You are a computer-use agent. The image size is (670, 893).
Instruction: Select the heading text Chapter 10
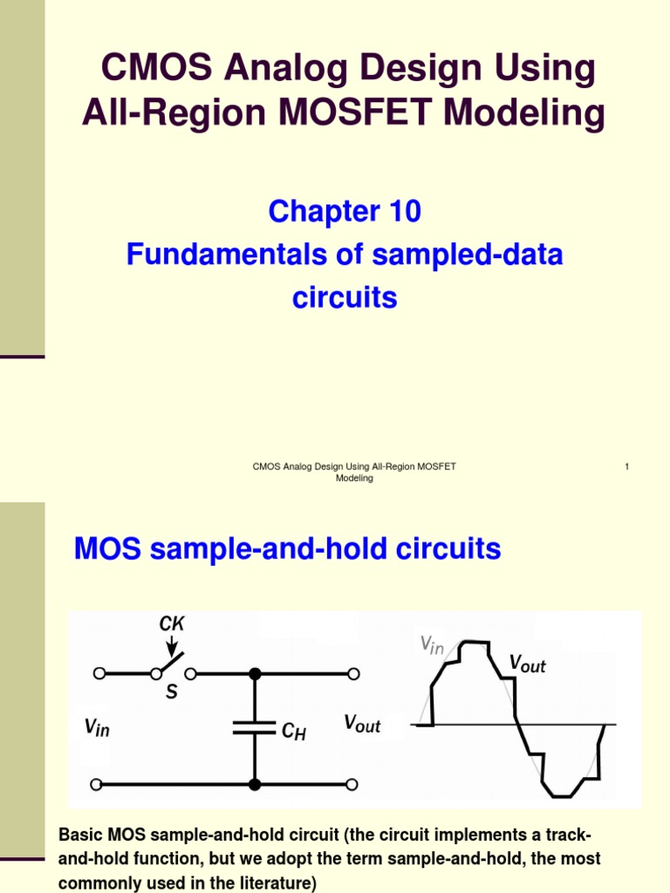click(x=345, y=211)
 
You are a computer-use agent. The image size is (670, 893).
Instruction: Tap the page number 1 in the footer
click(x=626, y=467)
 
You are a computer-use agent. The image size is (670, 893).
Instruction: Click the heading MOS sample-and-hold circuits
click(x=287, y=549)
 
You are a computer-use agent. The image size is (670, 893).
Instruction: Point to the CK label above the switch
click(x=171, y=624)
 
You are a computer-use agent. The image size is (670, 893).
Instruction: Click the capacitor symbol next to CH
click(x=255, y=727)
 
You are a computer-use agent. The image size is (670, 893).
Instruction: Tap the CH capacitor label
click(x=293, y=731)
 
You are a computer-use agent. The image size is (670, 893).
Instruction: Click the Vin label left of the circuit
click(x=97, y=726)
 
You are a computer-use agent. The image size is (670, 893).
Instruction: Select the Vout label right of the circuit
click(x=362, y=724)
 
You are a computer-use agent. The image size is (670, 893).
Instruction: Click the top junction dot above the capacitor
click(x=255, y=673)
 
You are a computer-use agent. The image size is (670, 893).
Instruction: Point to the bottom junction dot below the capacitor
click(x=255, y=784)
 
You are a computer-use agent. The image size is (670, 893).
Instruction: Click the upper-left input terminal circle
click(x=99, y=673)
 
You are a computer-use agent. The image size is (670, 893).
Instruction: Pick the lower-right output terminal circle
click(x=353, y=784)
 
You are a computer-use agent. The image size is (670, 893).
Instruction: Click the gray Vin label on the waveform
click(x=433, y=645)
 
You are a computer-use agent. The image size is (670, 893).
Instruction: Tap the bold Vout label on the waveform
click(x=527, y=664)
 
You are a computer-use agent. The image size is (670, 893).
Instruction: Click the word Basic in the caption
click(x=79, y=835)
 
